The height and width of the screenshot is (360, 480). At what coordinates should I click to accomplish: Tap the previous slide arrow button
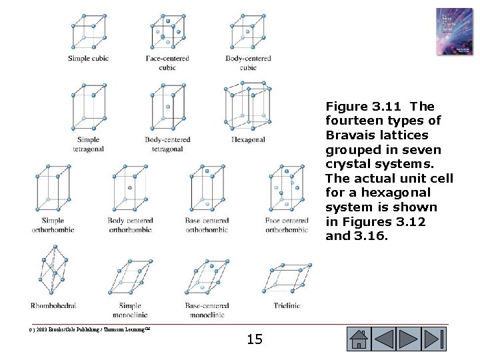pyautogui.click(x=385, y=339)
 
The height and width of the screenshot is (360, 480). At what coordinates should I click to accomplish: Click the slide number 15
pyautogui.click(x=255, y=339)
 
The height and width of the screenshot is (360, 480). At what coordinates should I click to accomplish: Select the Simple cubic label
pyautogui.click(x=88, y=59)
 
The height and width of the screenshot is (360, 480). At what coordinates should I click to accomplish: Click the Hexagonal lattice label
pyautogui.click(x=248, y=140)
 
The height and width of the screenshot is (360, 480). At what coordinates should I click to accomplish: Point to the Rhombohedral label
pyautogui.click(x=53, y=305)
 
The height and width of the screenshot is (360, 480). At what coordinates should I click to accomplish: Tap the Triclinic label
pyautogui.click(x=287, y=305)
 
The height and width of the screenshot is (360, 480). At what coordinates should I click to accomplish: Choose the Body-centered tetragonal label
pyautogui.click(x=167, y=144)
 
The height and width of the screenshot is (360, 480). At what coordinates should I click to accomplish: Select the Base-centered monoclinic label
pyautogui.click(x=207, y=310)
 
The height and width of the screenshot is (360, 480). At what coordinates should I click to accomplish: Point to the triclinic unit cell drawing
pyautogui.click(x=288, y=278)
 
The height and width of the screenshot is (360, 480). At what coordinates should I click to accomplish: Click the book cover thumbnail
pyautogui.click(x=454, y=31)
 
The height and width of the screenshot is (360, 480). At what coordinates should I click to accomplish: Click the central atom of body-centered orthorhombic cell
pyautogui.click(x=129, y=187)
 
